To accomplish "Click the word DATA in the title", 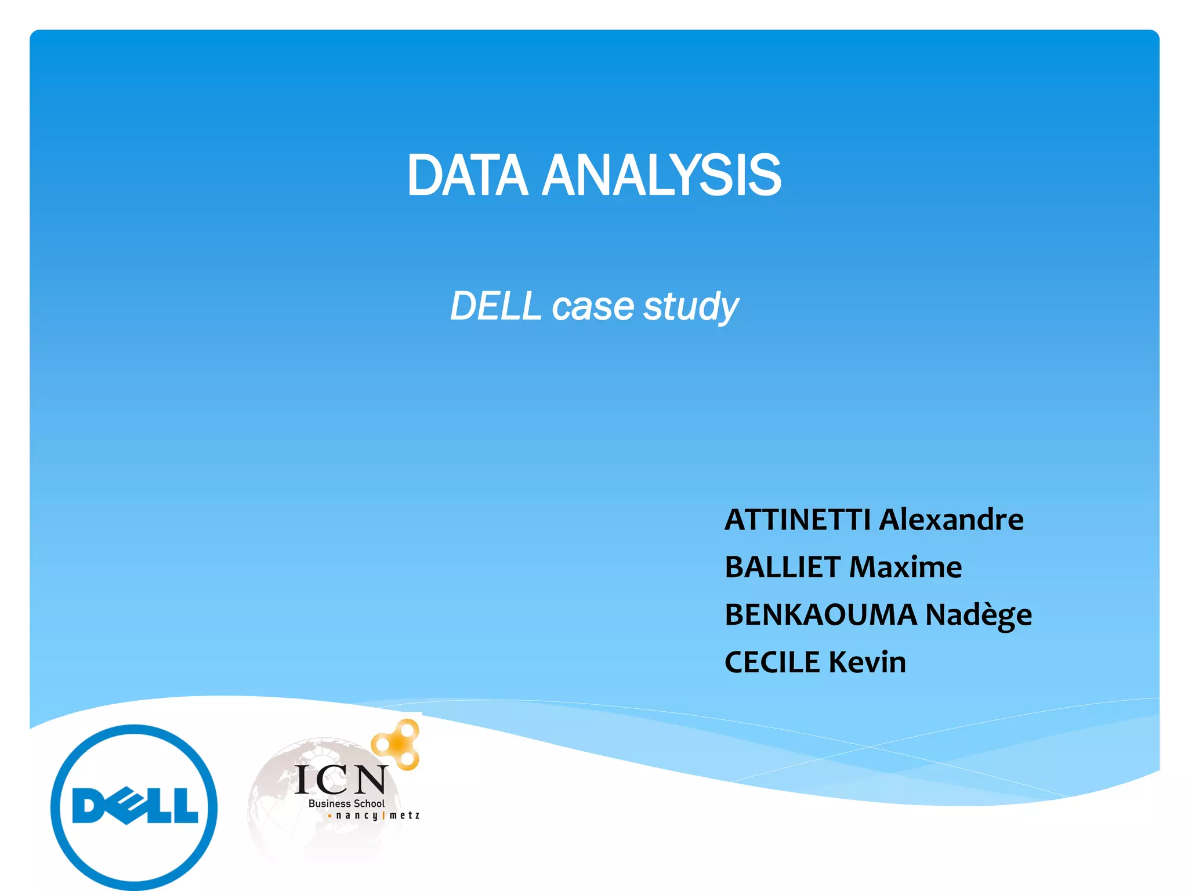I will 467,176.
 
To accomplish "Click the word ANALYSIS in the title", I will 661,176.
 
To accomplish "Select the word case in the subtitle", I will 593,306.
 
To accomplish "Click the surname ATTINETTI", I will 798,520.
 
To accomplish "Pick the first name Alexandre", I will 951,520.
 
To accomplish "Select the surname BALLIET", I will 783,567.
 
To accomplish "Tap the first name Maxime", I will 906,567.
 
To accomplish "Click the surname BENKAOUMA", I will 821,615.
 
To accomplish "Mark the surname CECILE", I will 772,662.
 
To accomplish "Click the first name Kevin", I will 867,662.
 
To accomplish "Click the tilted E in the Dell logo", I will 124,806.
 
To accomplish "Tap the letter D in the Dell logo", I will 91,806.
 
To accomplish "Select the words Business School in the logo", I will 346,803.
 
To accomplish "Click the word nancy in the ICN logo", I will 356,816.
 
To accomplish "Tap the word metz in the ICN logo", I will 404,815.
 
